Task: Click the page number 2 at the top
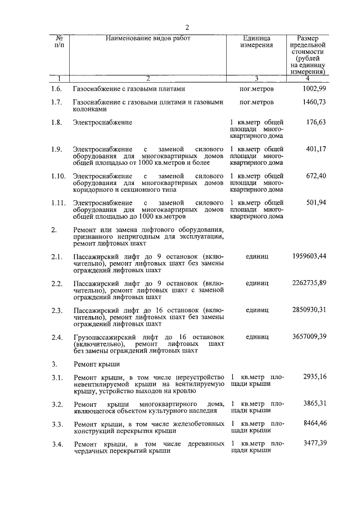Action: coord(187,28)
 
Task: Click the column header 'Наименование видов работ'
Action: coord(148,38)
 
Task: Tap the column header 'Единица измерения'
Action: coord(256,41)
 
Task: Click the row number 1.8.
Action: coord(56,122)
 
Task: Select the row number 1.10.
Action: coord(57,176)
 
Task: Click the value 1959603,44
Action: coord(309,256)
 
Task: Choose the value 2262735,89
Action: coord(309,283)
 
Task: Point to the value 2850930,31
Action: coord(309,310)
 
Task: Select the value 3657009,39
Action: coord(309,337)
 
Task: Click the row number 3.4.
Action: coord(56,444)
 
